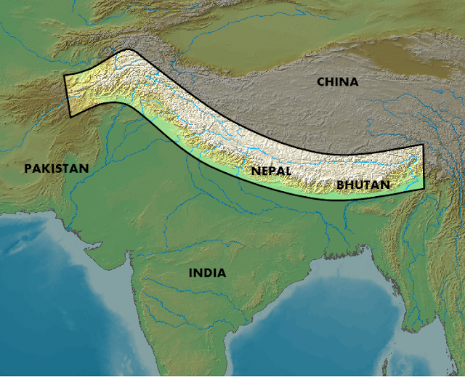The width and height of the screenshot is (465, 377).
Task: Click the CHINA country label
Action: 338,82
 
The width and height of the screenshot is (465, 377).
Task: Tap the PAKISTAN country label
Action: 57,169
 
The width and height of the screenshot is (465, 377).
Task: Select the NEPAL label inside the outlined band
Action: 271,171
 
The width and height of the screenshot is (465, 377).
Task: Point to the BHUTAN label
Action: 363,185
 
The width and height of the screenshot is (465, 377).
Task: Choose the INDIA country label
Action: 207,273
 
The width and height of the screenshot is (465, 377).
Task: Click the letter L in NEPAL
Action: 288,171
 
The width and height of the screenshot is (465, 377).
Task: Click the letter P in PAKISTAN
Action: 28,169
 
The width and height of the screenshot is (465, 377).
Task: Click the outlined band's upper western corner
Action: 64,74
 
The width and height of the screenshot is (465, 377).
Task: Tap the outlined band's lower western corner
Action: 70,117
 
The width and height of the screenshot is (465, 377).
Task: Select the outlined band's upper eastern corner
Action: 423,145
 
